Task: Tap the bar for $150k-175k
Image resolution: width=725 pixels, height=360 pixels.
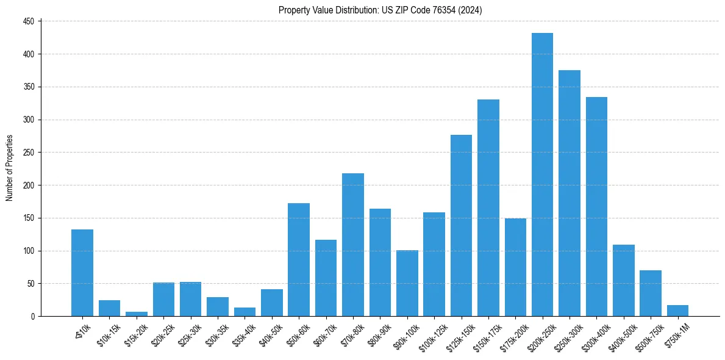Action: (x=488, y=207)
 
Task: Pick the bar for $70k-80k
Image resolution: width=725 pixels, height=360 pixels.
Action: (x=352, y=244)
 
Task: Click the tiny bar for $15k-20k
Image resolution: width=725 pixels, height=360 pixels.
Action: (x=137, y=314)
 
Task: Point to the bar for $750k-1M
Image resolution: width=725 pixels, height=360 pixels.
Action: (x=677, y=311)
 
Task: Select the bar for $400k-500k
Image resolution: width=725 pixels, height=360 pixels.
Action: (x=623, y=280)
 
